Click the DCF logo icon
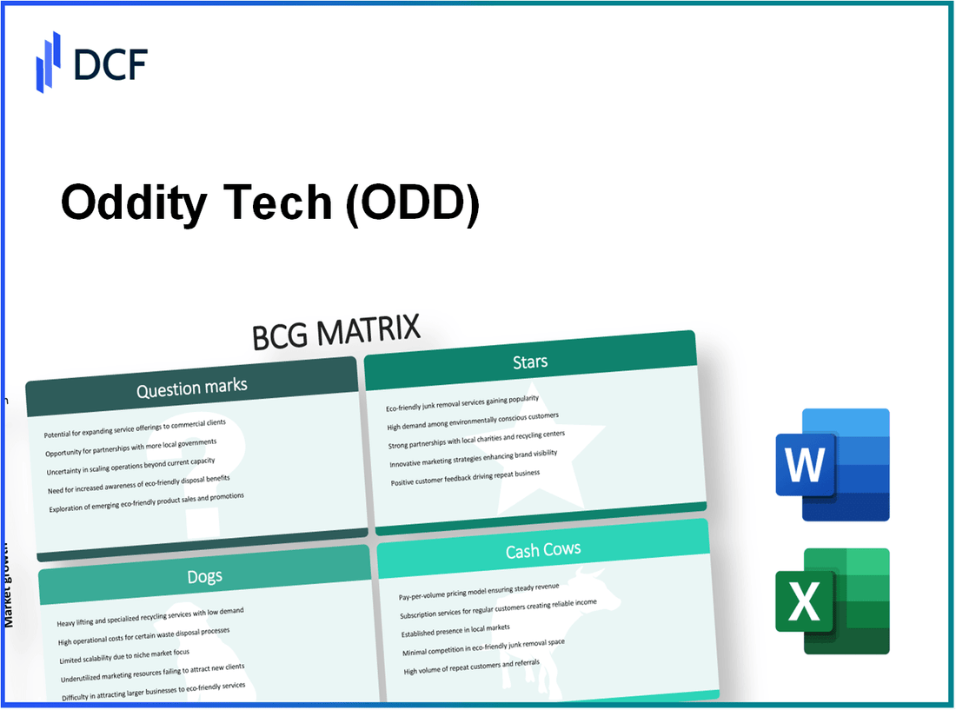49,62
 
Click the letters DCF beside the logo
110,63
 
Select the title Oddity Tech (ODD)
269,204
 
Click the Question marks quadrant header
191,387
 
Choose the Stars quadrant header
529,361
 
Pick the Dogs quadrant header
204,576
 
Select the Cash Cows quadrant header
542,549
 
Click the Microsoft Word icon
832,465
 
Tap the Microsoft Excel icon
832,601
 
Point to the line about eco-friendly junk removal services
461,403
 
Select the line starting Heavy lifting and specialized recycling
150,617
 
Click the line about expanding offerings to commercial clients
134,428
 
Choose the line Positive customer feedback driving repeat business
464,478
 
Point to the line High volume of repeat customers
469,666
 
